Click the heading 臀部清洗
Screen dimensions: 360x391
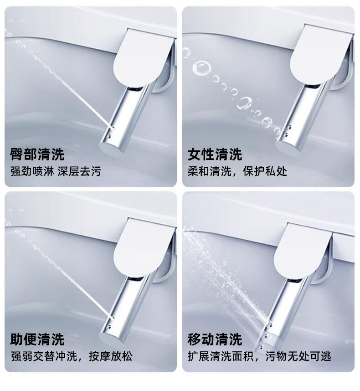[37, 154]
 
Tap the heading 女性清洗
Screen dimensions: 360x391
[215, 154]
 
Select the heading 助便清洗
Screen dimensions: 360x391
[37, 339]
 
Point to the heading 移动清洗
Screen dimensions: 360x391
[215, 339]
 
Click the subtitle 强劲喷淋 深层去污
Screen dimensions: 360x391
[56, 171]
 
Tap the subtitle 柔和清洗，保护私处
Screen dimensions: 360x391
[237, 171]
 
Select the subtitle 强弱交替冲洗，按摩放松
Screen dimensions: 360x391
[72, 356]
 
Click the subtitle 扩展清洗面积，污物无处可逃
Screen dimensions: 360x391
[260, 356]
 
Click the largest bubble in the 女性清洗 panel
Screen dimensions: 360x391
[201, 68]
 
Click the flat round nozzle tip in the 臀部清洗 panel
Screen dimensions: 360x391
[110, 147]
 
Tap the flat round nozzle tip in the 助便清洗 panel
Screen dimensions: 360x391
[110, 337]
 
